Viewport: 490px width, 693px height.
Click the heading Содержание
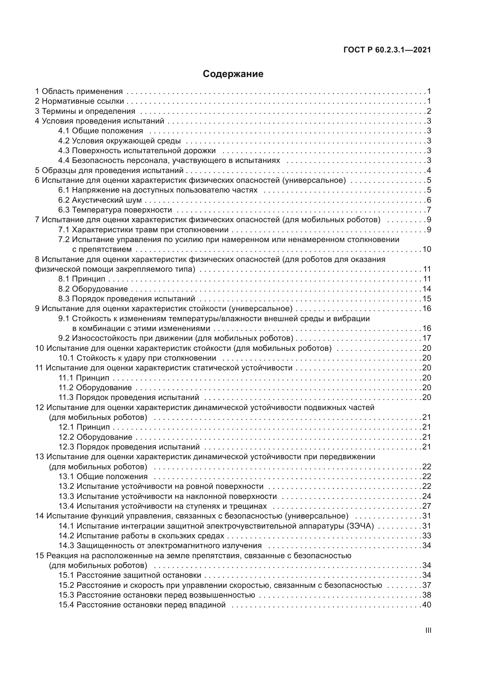click(x=233, y=74)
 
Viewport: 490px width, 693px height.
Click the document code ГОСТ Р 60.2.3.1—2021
click(x=387, y=50)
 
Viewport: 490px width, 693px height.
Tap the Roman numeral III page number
click(x=428, y=630)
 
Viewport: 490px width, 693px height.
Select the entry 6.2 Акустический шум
click(x=100, y=200)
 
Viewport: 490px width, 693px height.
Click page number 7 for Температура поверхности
click(x=429, y=210)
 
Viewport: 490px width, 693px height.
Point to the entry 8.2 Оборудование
click(x=93, y=289)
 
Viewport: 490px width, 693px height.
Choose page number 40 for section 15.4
click(x=427, y=605)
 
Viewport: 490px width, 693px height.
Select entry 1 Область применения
click(x=79, y=91)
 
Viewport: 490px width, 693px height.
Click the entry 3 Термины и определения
click(x=85, y=111)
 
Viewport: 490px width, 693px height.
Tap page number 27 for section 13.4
click(x=427, y=506)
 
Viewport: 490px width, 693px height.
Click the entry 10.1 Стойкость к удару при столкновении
click(x=137, y=358)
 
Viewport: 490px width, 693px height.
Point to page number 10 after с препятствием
click(x=427, y=249)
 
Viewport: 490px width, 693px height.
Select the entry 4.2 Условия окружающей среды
click(x=119, y=141)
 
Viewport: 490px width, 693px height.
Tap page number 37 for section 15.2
click(x=427, y=585)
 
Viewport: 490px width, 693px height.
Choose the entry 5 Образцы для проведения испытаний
click(x=109, y=170)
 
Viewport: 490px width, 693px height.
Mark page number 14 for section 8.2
click(x=427, y=289)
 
